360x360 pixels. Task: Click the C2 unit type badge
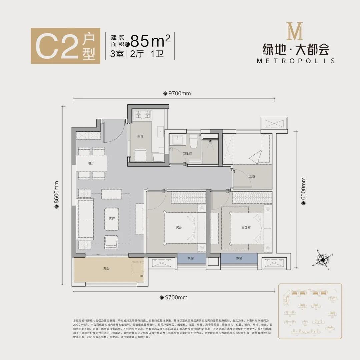click(x=63, y=46)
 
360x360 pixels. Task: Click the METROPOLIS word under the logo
click(x=296, y=61)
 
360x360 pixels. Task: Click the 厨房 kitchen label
click(x=140, y=136)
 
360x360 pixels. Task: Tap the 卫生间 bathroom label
click(x=187, y=154)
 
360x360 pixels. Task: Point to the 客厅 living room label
click(x=112, y=219)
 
